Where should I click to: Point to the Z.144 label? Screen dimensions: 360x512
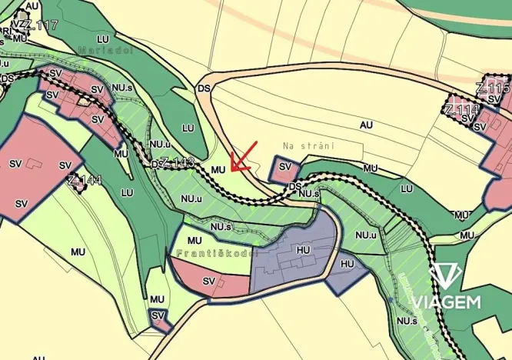[x=84, y=182]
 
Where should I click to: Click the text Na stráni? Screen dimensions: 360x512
[x=301, y=145]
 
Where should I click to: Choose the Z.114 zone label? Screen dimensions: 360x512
[x=461, y=110]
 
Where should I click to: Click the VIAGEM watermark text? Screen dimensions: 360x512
[x=446, y=302]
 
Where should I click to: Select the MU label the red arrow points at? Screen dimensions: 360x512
[x=218, y=168]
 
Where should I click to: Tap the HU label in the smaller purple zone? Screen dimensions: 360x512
[x=347, y=264]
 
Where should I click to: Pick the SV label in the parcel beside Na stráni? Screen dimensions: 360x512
[x=284, y=167]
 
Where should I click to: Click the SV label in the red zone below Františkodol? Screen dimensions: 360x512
[x=208, y=282]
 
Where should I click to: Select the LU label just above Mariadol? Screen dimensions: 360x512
[x=103, y=38]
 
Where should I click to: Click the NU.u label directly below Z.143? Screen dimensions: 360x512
[x=191, y=198]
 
